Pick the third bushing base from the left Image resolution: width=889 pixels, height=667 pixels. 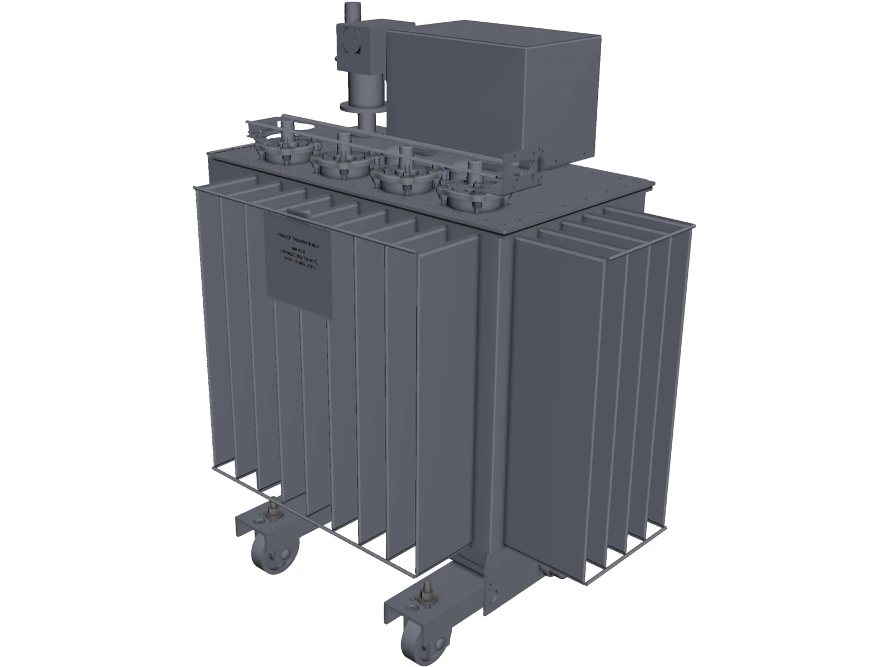point(399,179)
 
